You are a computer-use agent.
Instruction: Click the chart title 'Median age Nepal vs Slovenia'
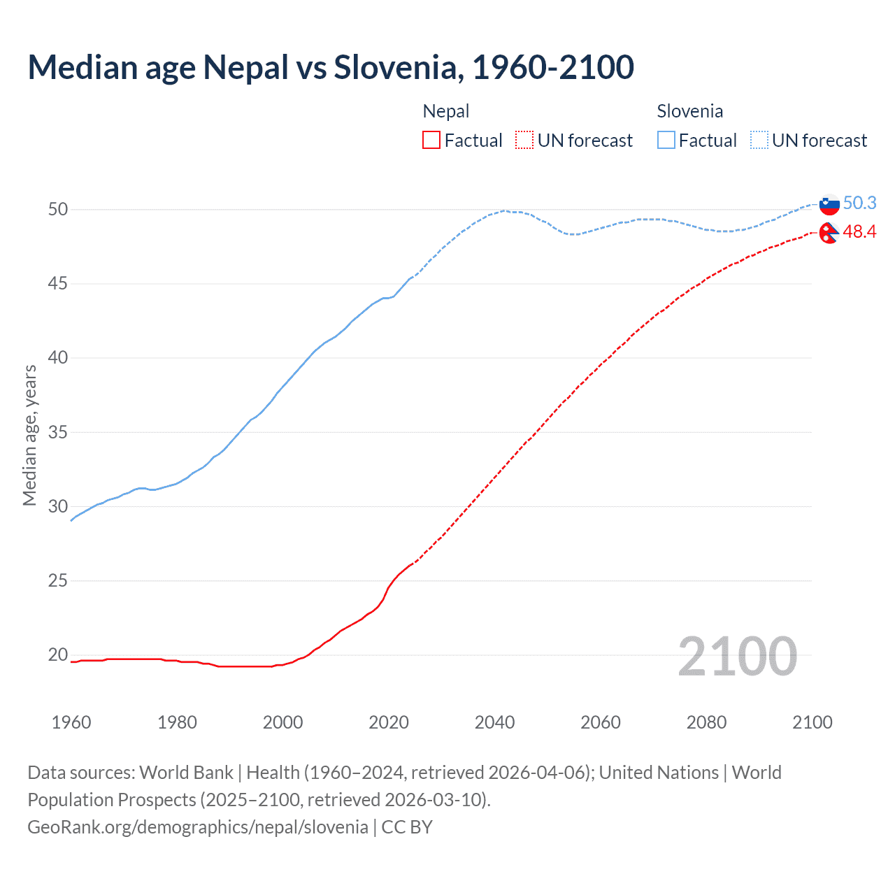tap(331, 67)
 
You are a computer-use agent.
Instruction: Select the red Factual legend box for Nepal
tap(431, 141)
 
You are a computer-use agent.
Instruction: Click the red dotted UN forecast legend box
tap(524, 141)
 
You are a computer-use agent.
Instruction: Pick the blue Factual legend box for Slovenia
tap(666, 141)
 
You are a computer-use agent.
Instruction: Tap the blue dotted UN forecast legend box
tap(759, 141)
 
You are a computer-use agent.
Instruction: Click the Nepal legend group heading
tap(446, 111)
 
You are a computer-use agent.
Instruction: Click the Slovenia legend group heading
tap(689, 111)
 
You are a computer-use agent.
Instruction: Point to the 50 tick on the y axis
tap(58, 209)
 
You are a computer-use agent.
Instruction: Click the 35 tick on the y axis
tap(58, 432)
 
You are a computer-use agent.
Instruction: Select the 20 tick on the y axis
tap(58, 655)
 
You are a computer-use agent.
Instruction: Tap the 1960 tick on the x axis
tap(71, 722)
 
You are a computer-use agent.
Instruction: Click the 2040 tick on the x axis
tap(494, 722)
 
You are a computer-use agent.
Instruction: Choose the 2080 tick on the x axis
tap(706, 722)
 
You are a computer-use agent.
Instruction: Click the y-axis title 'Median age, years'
tap(29, 435)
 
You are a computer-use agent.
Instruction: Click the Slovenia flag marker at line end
tap(829, 205)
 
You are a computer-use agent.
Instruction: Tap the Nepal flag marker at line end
tap(829, 233)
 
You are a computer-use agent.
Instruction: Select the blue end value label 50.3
tap(859, 203)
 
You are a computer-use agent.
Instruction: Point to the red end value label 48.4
tap(859, 231)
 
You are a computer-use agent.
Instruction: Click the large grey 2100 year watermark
tap(738, 656)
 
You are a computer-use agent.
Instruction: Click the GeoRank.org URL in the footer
tap(198, 827)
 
